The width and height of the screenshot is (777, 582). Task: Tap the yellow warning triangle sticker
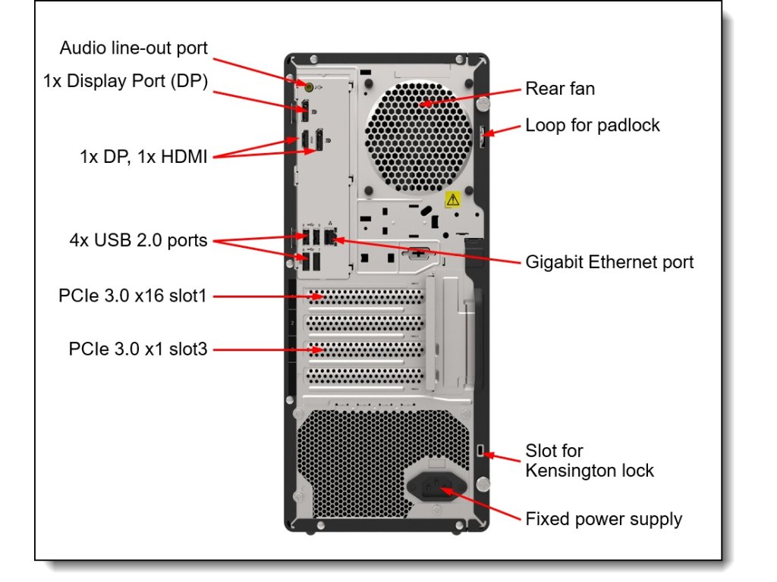tap(452, 199)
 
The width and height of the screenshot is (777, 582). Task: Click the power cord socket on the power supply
tap(436, 487)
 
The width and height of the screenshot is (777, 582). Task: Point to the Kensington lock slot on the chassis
tap(480, 450)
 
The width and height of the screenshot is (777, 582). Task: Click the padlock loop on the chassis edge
tap(482, 136)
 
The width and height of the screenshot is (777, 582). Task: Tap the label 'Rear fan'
tap(560, 89)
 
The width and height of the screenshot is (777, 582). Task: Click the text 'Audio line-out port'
tap(134, 48)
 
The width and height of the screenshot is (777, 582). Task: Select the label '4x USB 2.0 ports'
tap(138, 240)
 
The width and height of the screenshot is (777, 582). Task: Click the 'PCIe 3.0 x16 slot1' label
tap(132, 296)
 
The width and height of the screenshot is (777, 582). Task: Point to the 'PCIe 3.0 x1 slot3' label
tap(138, 349)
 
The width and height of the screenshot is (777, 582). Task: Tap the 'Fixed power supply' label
tap(603, 519)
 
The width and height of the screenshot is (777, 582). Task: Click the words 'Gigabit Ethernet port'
tap(609, 261)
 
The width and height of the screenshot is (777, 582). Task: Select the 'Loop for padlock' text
tap(593, 125)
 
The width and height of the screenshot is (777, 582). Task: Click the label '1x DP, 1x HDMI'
tap(143, 156)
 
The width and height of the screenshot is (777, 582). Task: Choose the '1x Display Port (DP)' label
tap(125, 80)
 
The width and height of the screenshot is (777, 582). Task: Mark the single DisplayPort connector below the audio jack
tap(305, 111)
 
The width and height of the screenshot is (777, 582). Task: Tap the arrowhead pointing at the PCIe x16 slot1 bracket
tap(317, 297)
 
